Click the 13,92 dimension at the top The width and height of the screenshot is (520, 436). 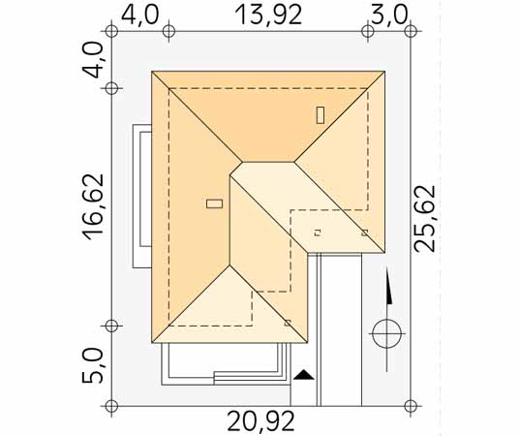(268, 15)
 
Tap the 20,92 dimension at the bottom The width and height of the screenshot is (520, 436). (260, 421)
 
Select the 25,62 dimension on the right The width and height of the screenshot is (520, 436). (425, 219)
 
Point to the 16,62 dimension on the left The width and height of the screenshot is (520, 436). (94, 206)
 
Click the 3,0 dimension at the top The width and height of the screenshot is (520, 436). (388, 15)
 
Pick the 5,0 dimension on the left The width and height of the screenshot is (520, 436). (93, 366)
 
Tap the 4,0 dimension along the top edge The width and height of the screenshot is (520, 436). (139, 15)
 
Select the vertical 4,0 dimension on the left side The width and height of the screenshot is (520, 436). (93, 60)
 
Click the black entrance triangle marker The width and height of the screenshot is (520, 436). (303, 375)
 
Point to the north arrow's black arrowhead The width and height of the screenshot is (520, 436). (388, 285)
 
